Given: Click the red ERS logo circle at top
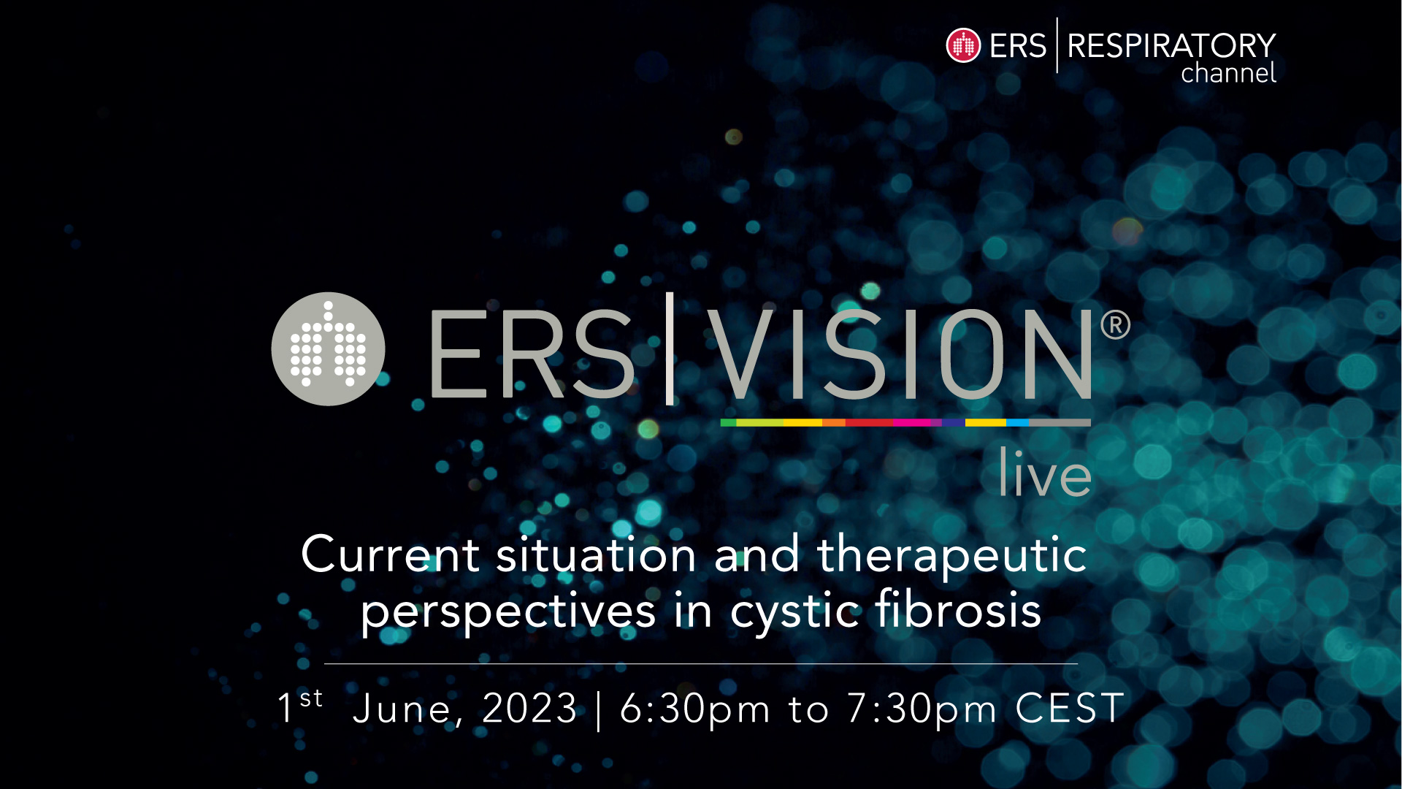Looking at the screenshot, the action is (963, 45).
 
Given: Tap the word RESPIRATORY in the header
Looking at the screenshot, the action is (1171, 46).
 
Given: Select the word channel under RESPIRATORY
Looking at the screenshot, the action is (1228, 73).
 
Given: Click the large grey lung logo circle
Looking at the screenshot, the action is (328, 349).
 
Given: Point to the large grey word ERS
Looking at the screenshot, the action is (532, 354).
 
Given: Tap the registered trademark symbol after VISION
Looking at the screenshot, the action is (1115, 325).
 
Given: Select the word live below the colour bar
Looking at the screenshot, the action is (1045, 473).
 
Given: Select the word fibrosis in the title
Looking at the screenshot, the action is (958, 609).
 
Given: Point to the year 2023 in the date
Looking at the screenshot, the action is (530, 709).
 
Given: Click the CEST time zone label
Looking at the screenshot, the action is (1070, 709).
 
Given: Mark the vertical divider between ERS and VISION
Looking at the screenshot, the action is (670, 348).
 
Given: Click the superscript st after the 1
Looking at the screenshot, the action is (311, 698).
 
